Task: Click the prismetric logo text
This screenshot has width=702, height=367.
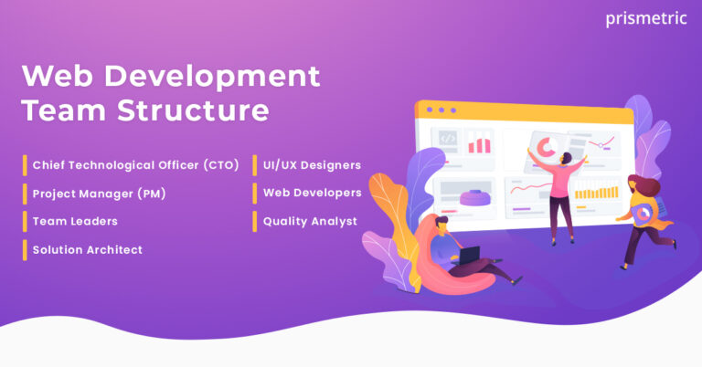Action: [x=645, y=18]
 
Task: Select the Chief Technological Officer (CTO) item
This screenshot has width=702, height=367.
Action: [x=135, y=165]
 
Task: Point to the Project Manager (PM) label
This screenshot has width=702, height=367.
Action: [x=99, y=194]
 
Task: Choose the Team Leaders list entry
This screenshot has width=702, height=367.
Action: [x=75, y=221]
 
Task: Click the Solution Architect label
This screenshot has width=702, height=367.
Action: [x=87, y=249]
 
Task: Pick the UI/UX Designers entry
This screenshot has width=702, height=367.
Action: [x=312, y=165]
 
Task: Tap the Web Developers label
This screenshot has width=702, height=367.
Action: [x=312, y=193]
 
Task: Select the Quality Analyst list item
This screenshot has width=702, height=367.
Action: [x=310, y=221]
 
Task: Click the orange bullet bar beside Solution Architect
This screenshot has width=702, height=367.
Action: [x=26, y=249]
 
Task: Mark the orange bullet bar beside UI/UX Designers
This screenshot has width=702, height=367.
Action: [x=255, y=165]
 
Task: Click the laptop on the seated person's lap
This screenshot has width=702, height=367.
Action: [x=470, y=258]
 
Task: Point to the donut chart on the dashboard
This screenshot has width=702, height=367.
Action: [x=547, y=146]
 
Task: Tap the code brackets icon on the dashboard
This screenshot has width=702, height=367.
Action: [x=448, y=140]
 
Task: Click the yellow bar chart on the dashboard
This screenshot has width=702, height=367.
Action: [x=596, y=193]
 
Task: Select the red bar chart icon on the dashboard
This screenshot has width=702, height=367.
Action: [x=479, y=143]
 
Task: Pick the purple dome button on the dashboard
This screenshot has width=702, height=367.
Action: [x=477, y=195]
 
